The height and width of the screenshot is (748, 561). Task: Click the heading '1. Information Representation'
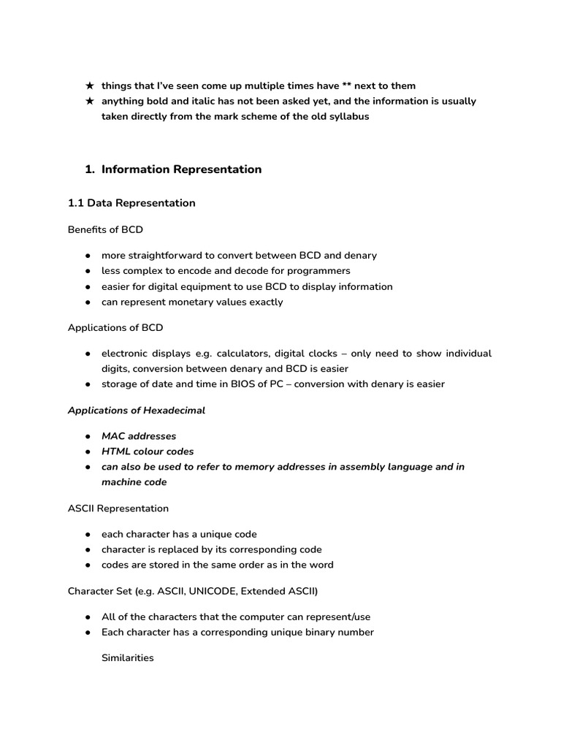pyautogui.click(x=173, y=169)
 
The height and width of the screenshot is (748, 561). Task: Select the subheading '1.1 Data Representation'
pyautogui.click(x=131, y=203)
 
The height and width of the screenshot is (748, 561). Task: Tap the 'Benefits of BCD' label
pyautogui.click(x=105, y=229)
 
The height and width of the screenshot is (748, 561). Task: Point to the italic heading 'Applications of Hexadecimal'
pyautogui.click(x=137, y=411)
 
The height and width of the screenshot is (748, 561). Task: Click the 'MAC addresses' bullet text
pyautogui.click(x=139, y=436)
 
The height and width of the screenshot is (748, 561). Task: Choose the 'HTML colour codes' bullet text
pyautogui.click(x=148, y=451)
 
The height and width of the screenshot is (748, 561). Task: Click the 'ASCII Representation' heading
pyautogui.click(x=118, y=508)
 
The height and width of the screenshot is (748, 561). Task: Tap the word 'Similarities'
pyautogui.click(x=128, y=658)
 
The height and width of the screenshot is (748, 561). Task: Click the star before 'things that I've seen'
pyautogui.click(x=89, y=86)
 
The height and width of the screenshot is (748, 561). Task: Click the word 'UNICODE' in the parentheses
pyautogui.click(x=202, y=591)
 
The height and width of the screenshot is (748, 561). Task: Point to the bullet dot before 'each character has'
pyautogui.click(x=88, y=535)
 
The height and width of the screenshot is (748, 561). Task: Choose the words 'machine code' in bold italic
pyautogui.click(x=134, y=482)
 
